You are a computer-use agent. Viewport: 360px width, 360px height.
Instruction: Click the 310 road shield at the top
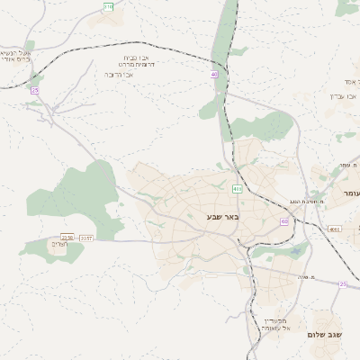(x=108, y=6)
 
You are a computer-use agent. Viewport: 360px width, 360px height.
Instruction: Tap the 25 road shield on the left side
(x=35, y=90)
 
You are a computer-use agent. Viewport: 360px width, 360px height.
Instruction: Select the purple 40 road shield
(x=214, y=75)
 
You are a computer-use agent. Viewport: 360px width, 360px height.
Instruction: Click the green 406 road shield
(x=237, y=189)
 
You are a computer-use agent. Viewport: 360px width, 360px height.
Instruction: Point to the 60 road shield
(x=284, y=220)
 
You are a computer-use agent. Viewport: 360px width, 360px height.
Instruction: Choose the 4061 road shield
(x=335, y=229)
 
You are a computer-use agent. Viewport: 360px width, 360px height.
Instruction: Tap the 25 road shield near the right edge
(x=342, y=283)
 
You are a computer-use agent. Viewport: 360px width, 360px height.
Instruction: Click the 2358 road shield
(x=67, y=238)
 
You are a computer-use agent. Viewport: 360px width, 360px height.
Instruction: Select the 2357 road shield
(x=85, y=238)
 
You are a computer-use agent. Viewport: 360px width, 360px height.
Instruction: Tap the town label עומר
(x=348, y=194)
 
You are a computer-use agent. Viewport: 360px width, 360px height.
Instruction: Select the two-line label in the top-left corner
(x=16, y=58)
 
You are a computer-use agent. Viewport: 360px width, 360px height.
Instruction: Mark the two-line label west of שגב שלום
(x=275, y=326)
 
